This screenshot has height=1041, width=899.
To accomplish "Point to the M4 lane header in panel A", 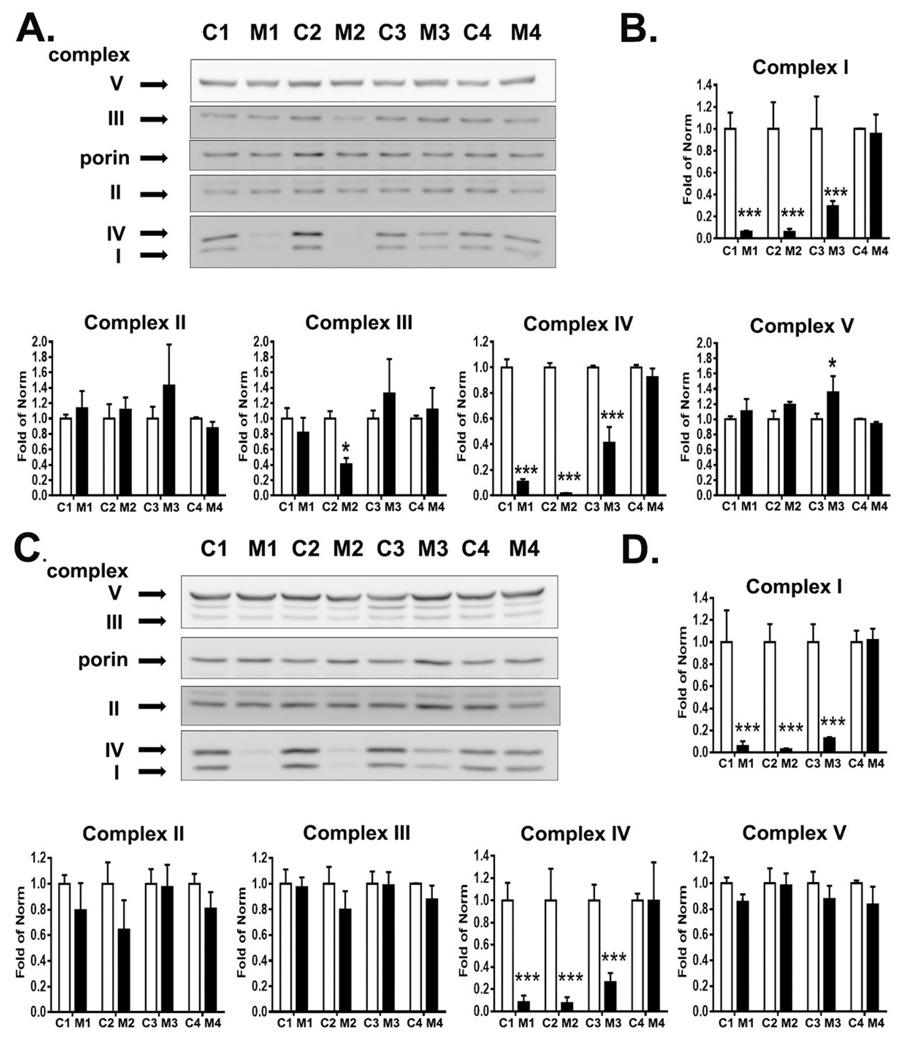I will (x=526, y=33).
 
